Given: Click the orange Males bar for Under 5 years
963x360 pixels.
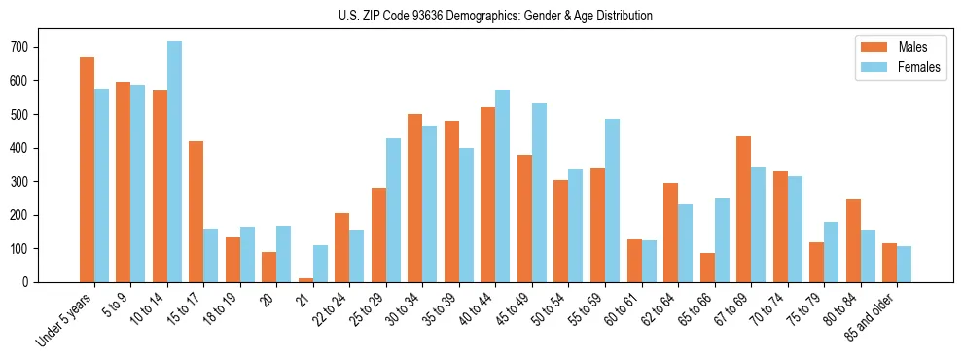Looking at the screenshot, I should point(87,170).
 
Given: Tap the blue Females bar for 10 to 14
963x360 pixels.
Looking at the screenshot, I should point(174,162).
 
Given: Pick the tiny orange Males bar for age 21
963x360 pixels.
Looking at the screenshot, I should point(305,280).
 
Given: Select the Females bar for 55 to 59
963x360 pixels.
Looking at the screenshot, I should point(612,200).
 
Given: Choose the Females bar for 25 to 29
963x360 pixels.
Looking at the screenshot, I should point(393,210).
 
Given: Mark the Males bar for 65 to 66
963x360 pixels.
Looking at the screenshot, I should point(707,268).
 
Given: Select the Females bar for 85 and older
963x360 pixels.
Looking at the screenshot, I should point(904,265).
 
